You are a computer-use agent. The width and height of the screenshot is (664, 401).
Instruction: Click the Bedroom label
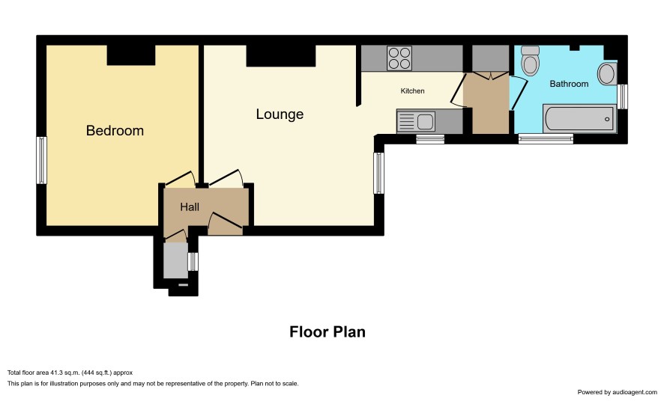[115, 131]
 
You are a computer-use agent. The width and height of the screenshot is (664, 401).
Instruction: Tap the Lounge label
[280, 114]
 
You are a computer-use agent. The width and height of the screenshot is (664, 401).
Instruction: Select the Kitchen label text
[412, 91]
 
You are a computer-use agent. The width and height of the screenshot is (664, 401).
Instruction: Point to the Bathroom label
[569, 84]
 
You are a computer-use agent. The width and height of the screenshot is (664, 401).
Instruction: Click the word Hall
[190, 207]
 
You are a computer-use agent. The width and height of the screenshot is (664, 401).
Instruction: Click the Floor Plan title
[328, 331]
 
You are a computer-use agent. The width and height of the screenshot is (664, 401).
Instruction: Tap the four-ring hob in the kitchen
[399, 58]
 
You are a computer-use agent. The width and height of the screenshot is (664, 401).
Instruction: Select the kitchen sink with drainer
[416, 121]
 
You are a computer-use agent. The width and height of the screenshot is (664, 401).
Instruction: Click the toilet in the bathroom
[530, 61]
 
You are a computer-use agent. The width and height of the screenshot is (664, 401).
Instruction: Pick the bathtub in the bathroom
[579, 119]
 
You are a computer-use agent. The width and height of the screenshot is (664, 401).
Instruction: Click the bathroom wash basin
[607, 74]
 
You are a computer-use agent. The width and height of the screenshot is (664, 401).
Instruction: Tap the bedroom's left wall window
[41, 160]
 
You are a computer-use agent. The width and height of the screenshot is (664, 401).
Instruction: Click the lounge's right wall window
[378, 174]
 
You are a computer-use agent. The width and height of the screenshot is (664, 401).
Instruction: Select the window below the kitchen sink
[430, 139]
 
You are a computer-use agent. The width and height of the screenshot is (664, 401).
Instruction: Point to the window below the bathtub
[546, 139]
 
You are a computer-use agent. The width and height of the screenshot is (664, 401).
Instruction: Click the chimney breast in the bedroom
[131, 55]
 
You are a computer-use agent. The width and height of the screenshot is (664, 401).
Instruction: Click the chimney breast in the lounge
[281, 56]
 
